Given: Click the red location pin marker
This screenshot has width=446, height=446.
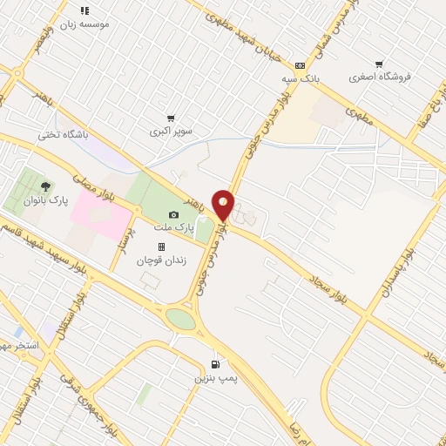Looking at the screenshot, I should (x=224, y=205).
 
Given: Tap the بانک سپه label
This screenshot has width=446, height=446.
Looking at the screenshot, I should (x=301, y=78).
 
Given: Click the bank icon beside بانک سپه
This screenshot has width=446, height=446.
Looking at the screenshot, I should (x=301, y=64).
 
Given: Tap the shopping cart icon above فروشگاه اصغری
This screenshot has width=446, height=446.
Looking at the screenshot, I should (x=378, y=64).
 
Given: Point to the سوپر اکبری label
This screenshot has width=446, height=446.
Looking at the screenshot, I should (x=169, y=132).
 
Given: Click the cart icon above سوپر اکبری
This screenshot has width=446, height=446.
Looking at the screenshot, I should (x=171, y=118).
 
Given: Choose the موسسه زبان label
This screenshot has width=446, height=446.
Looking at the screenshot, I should (x=86, y=24).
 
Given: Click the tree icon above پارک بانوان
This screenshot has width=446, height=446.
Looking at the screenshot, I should (x=45, y=186).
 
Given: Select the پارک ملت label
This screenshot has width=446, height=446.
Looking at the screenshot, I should (x=173, y=227).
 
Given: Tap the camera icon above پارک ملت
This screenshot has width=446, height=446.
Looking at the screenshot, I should (x=173, y=214).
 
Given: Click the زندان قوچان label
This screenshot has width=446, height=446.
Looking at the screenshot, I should (x=162, y=260).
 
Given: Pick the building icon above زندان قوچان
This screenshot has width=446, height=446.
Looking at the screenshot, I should (x=161, y=247).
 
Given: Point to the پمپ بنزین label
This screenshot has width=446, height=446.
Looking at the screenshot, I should (x=216, y=377).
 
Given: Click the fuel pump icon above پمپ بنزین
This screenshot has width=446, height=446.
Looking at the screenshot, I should (x=215, y=364).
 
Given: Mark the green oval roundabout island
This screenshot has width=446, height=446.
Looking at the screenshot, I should (x=181, y=319).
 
